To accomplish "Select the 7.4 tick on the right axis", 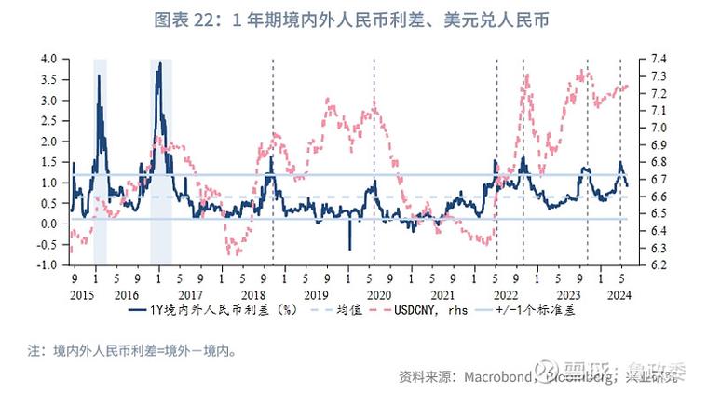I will point(655,59).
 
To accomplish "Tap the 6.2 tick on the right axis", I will point(655,264).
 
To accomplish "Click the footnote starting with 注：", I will point(129,352).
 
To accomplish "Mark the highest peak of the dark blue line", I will point(160,63).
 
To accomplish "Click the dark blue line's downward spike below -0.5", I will point(350,249).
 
